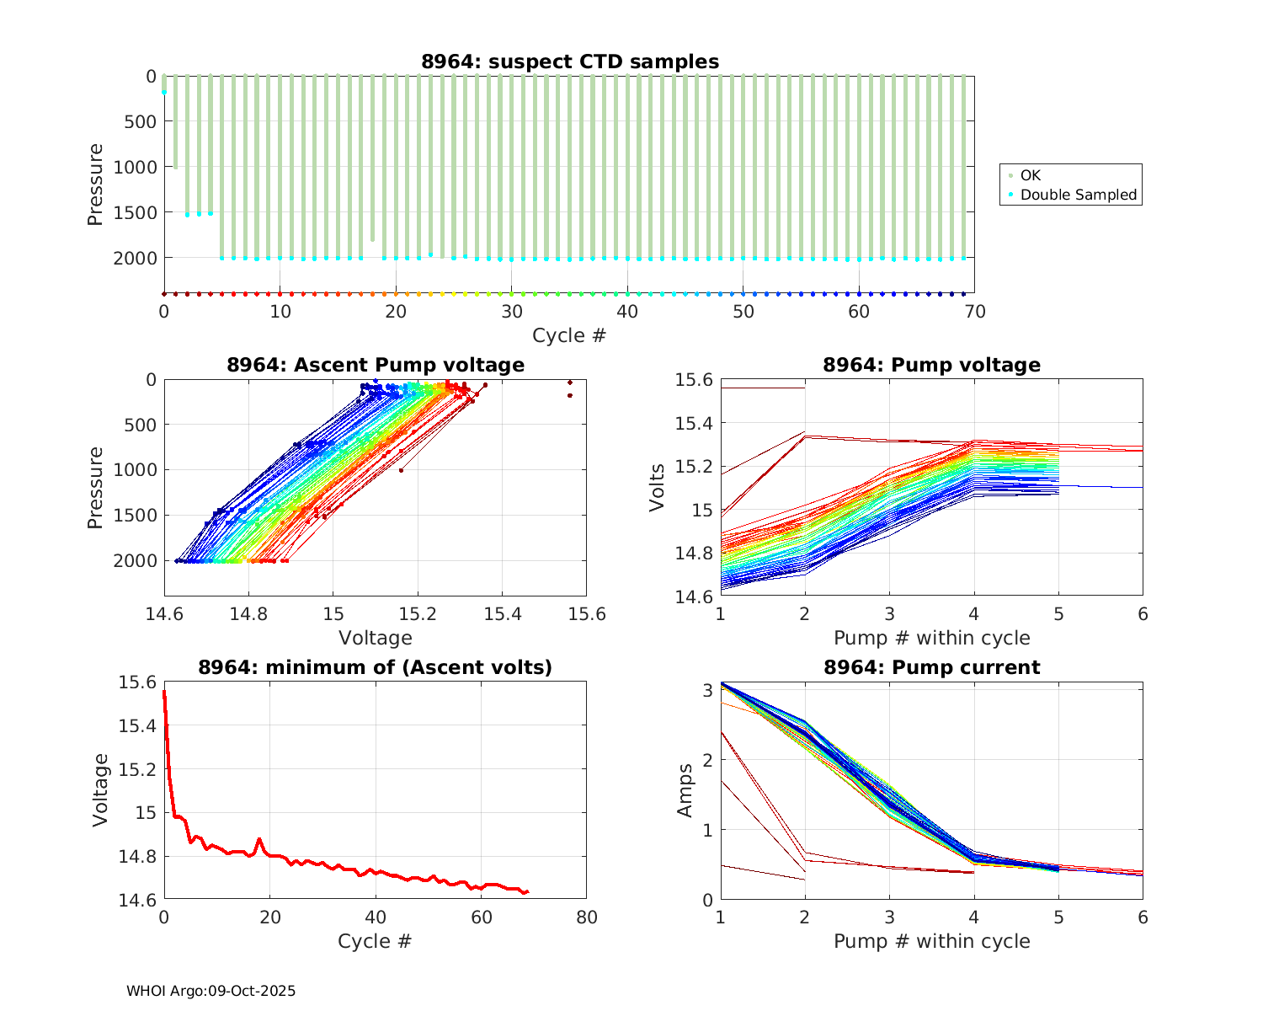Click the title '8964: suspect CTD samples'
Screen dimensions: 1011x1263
(x=570, y=62)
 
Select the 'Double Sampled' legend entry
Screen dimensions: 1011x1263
(x=1078, y=195)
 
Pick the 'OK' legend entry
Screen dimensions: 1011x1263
(x=1030, y=175)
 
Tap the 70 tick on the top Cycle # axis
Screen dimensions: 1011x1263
(x=974, y=312)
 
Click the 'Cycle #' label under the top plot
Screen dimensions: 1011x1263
(x=569, y=335)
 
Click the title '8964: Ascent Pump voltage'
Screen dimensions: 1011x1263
(x=376, y=365)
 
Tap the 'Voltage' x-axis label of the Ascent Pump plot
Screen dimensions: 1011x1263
(x=376, y=638)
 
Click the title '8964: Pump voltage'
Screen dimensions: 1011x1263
(x=931, y=365)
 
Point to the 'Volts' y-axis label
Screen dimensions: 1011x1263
(x=658, y=488)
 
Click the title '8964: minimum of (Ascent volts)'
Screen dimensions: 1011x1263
(x=376, y=667)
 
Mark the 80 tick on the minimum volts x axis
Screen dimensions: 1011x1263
(x=586, y=917)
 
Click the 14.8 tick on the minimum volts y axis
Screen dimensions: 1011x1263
(x=140, y=857)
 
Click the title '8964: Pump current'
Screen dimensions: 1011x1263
(x=931, y=667)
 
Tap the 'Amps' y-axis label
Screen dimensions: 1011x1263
(x=686, y=790)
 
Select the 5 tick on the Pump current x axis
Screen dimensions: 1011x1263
(x=1058, y=917)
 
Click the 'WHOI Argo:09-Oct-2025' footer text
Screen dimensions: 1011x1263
(x=211, y=991)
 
